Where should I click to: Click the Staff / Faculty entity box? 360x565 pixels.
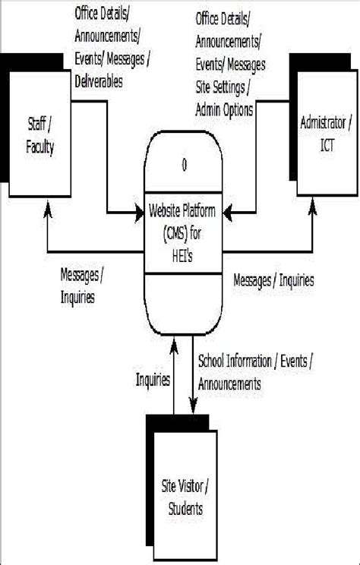(x=39, y=134)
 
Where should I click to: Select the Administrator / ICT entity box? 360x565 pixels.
(x=327, y=134)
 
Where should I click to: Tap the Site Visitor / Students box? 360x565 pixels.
(x=185, y=495)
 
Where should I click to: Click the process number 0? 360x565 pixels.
(x=184, y=165)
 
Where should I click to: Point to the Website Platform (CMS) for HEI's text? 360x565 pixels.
(x=182, y=233)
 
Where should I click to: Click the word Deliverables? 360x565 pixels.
(x=99, y=81)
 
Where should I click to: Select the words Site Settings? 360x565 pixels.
(x=220, y=87)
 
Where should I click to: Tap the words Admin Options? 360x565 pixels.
(x=224, y=109)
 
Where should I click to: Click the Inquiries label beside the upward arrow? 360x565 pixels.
(x=153, y=380)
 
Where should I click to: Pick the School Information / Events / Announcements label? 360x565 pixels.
(x=255, y=373)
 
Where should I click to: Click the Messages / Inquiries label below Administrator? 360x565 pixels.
(x=273, y=280)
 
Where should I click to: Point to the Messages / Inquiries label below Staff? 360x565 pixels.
(x=81, y=286)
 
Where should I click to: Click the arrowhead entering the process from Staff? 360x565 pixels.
(x=140, y=213)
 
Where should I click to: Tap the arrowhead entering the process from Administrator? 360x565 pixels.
(x=227, y=213)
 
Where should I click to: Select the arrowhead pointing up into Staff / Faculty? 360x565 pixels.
(x=48, y=210)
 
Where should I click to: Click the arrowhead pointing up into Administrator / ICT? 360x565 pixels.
(x=312, y=207)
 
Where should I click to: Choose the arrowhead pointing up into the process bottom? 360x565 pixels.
(x=174, y=346)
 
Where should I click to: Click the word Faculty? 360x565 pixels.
(x=39, y=148)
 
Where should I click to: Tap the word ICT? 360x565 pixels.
(x=327, y=145)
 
